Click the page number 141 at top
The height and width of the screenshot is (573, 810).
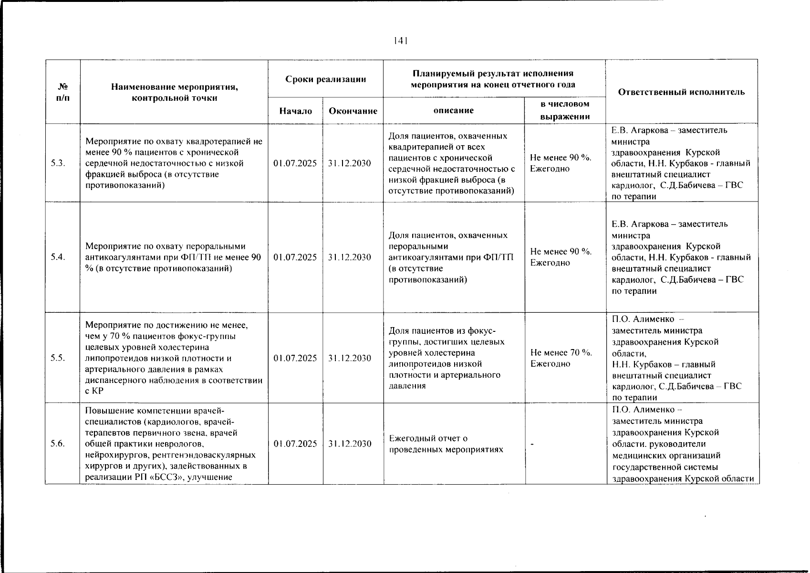400,41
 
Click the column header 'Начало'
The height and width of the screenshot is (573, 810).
295,111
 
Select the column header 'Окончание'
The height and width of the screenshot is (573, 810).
353,111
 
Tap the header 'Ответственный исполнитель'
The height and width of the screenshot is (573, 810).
681,92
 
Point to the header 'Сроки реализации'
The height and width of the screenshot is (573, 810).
325,79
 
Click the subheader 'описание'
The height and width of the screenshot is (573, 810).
453,110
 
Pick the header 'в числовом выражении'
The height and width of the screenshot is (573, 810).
565,110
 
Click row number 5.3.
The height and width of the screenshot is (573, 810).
58,163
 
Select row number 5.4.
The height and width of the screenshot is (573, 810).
58,257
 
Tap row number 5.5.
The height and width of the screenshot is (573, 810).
58,358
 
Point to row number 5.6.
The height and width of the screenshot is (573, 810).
58,443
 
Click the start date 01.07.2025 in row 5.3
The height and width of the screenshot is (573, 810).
295,163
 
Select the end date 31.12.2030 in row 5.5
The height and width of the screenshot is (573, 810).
350,358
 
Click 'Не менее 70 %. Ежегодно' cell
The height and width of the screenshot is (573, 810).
561,358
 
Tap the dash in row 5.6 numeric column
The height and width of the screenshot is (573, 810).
532,444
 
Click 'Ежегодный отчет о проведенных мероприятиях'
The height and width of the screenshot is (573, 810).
446,444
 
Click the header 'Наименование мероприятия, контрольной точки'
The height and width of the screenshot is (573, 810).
174,92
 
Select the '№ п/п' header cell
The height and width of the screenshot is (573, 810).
62,92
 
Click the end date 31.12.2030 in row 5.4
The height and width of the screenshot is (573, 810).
350,257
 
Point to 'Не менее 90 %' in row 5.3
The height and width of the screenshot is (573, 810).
561,158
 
